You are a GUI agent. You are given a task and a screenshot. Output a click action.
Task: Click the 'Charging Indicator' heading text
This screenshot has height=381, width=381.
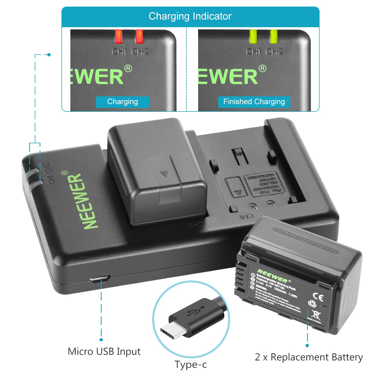pyautogui.click(x=190, y=16)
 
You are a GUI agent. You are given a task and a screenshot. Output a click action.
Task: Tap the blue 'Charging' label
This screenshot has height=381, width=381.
pyautogui.click(x=122, y=102)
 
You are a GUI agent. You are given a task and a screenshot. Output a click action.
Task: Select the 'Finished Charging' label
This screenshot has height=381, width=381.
pyautogui.click(x=254, y=102)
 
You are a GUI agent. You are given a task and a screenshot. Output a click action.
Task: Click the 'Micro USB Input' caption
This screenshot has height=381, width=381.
pyautogui.click(x=104, y=352)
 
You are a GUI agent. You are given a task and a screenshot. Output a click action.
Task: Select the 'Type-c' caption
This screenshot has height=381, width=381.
pyautogui.click(x=191, y=364)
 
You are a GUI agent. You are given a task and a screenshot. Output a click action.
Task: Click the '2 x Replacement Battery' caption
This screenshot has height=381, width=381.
pyautogui.click(x=309, y=357)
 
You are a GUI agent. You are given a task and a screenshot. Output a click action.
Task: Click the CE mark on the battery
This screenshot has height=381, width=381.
pyautogui.click(x=318, y=297)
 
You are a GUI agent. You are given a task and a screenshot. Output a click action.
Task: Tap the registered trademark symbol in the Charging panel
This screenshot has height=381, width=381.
pyautogui.click(x=128, y=69)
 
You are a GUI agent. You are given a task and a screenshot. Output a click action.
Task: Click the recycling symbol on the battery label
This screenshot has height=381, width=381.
pyautogui.click(x=312, y=304)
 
